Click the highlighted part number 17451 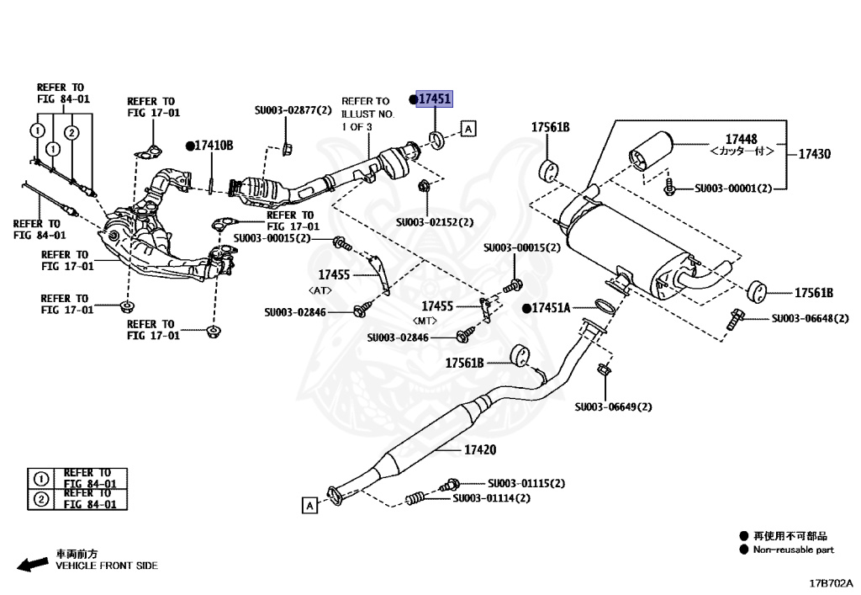(435, 99)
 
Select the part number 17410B (214, 146)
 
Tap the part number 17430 (813, 154)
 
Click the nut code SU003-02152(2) (435, 223)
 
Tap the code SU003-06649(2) (613, 406)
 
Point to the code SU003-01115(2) (526, 483)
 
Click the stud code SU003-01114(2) (492, 498)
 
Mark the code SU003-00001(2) (732, 189)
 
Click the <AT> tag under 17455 (321, 290)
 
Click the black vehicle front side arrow (32, 565)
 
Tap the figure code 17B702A (831, 582)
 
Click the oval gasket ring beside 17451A (603, 305)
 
